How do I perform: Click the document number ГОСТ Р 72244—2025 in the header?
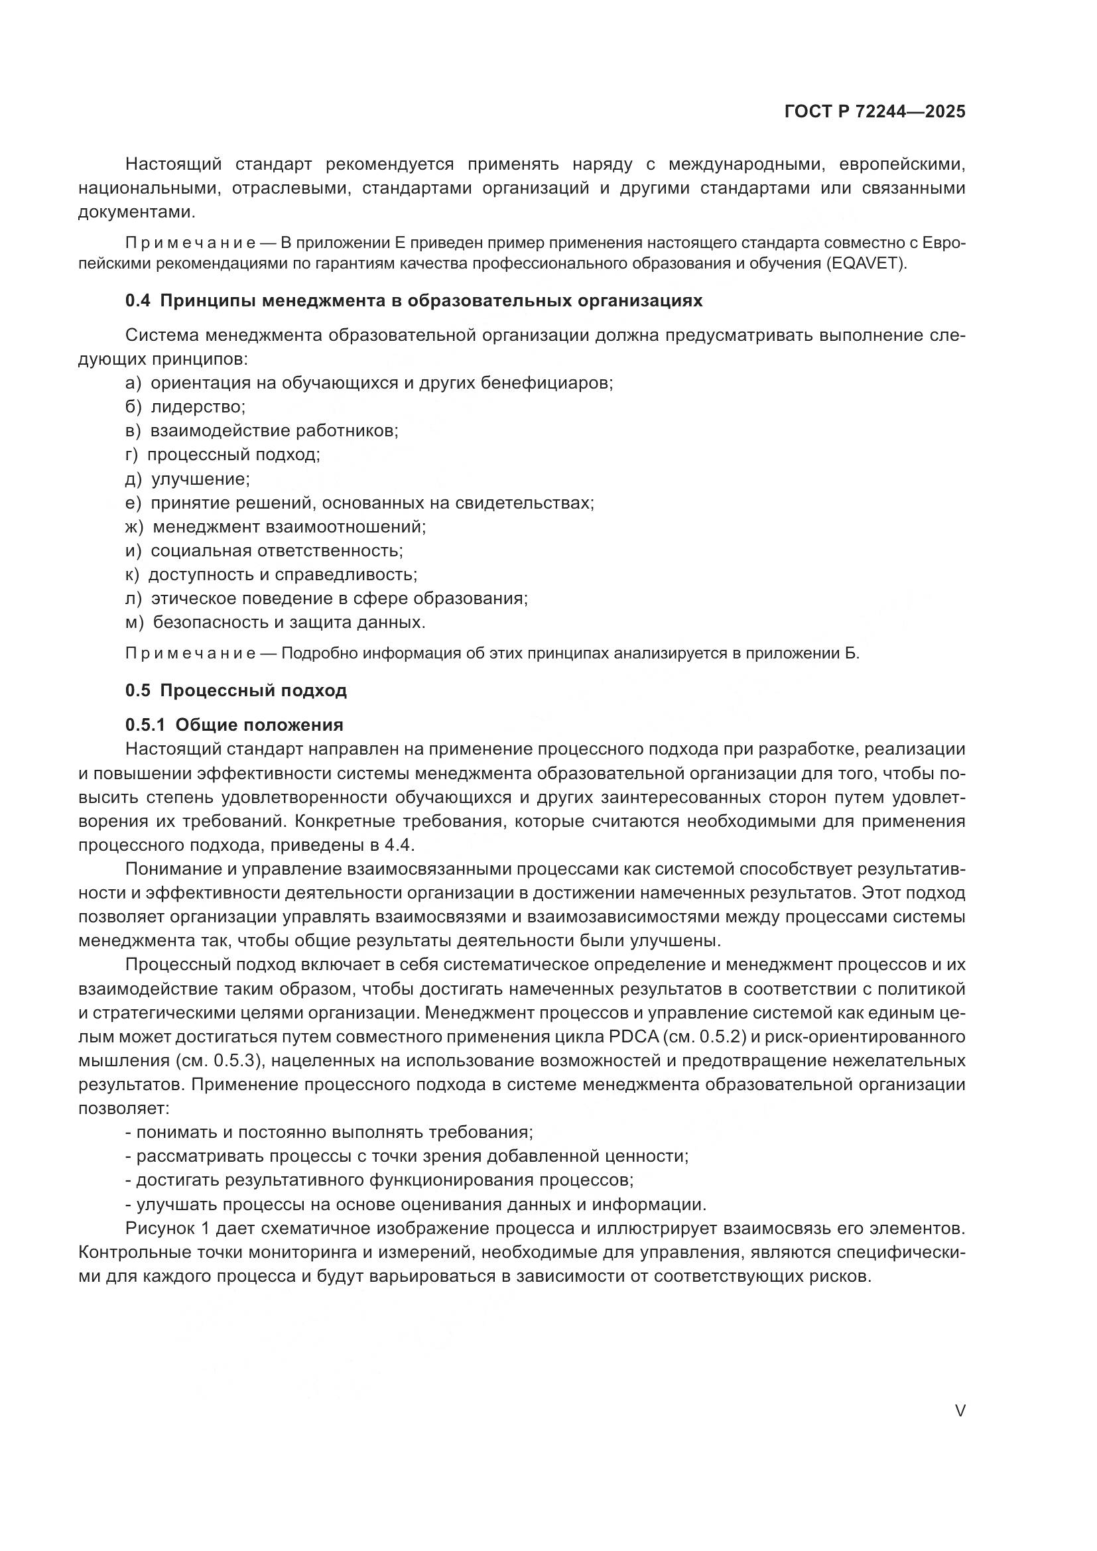coord(874,111)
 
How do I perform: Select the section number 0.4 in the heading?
coord(138,301)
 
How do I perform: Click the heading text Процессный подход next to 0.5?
coord(253,691)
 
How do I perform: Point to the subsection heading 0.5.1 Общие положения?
coord(233,725)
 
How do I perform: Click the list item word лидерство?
coord(197,407)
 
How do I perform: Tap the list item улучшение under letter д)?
coord(200,479)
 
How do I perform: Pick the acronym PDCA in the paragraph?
coord(629,1037)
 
